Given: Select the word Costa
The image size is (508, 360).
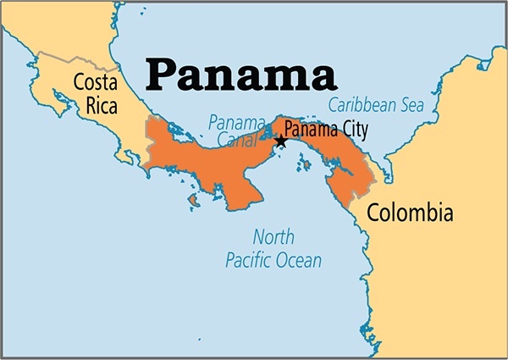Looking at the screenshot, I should (x=96, y=83).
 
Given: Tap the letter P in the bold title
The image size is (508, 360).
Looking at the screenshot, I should (x=162, y=75).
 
